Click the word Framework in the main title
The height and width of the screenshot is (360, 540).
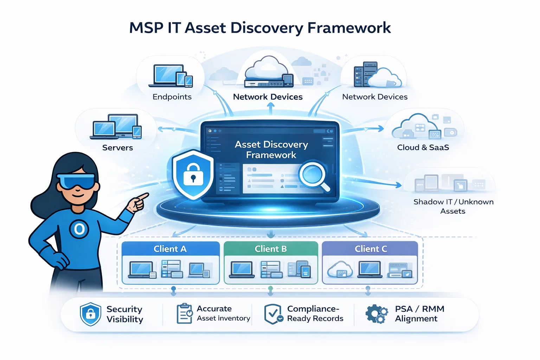point(349,28)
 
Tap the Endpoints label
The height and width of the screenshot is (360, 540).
point(172,97)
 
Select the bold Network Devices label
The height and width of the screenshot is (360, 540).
point(268,97)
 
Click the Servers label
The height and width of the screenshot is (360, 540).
point(117,148)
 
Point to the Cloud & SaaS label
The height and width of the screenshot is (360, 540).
point(423,147)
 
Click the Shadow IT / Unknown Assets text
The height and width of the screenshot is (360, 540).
point(453,206)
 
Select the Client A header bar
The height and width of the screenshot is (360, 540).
point(171,249)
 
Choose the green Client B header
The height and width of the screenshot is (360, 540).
point(271,249)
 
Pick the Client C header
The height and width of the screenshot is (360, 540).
point(370,249)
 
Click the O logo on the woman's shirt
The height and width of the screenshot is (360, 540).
point(79,229)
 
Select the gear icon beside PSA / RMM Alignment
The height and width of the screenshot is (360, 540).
point(376,314)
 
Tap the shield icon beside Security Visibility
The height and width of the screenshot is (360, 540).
point(90,314)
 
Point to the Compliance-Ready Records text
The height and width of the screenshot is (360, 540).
point(315,314)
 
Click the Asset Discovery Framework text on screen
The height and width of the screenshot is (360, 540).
point(271,149)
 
